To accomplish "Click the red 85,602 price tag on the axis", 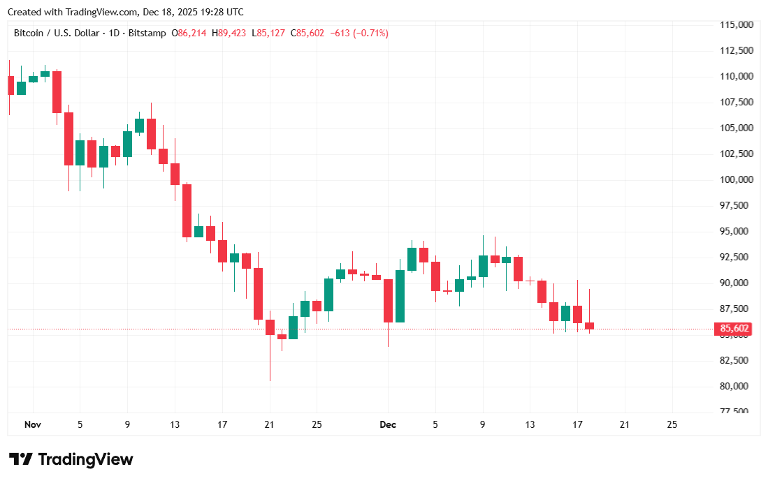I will pyautogui.click(x=732, y=329).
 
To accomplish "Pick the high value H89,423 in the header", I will pyautogui.click(x=232, y=33).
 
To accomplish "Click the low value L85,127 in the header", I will pyautogui.click(x=271, y=33).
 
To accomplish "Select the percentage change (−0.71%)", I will pyautogui.click(x=370, y=33).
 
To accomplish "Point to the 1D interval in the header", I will pyautogui.click(x=113, y=33).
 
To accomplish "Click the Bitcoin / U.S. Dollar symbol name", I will pyautogui.click(x=58, y=33).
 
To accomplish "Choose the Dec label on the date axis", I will pyautogui.click(x=388, y=424).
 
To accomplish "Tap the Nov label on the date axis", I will pyautogui.click(x=32, y=424).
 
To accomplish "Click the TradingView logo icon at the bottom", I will pyautogui.click(x=21, y=459).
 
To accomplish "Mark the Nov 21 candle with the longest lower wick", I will pyautogui.click(x=270, y=328).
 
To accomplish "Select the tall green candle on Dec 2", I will pyautogui.click(x=400, y=296).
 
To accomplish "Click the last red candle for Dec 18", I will pyautogui.click(x=589, y=325).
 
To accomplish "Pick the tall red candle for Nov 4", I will pyautogui.click(x=68, y=138).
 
